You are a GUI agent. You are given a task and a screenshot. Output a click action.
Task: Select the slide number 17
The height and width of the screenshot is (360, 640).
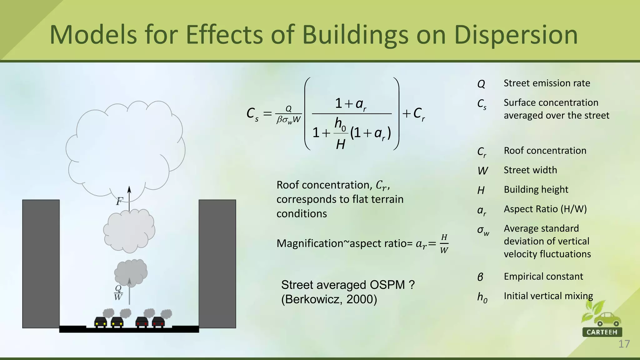624,344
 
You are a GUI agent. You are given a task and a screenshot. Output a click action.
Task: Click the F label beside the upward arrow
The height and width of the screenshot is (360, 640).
119,202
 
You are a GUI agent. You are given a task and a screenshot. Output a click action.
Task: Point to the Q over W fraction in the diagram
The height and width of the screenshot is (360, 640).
118,292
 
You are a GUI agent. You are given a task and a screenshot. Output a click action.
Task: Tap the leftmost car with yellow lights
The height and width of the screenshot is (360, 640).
101,322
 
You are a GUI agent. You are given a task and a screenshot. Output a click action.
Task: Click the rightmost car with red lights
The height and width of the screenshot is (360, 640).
158,322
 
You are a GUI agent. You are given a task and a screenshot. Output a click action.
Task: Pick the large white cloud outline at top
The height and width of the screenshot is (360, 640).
125,147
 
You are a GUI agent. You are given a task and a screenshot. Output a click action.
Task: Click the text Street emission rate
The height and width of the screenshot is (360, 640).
547,83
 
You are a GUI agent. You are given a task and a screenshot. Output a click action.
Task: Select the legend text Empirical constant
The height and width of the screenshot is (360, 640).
543,277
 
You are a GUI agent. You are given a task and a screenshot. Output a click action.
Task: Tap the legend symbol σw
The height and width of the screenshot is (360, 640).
483,231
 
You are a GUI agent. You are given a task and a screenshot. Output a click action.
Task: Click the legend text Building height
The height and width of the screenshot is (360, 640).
536,189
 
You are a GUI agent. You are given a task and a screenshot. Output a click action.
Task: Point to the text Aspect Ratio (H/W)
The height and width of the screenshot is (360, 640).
545,209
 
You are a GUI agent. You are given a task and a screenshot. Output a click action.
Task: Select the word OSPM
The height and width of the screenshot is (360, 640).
387,285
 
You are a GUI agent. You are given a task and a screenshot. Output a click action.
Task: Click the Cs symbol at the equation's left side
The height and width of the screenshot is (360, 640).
252,114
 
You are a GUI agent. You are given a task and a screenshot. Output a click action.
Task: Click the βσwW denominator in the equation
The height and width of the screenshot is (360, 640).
288,120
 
